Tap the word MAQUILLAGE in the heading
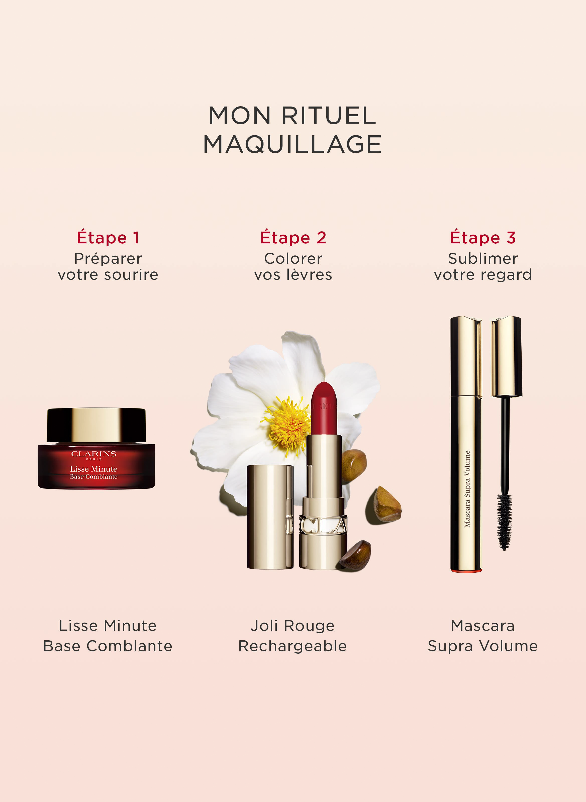click(292, 144)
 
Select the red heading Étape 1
click(108, 238)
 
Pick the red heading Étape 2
click(293, 238)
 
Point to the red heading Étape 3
click(483, 238)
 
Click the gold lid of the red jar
click(96, 425)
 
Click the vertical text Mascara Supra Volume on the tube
click(467, 489)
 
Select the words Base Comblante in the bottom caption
click(108, 646)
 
